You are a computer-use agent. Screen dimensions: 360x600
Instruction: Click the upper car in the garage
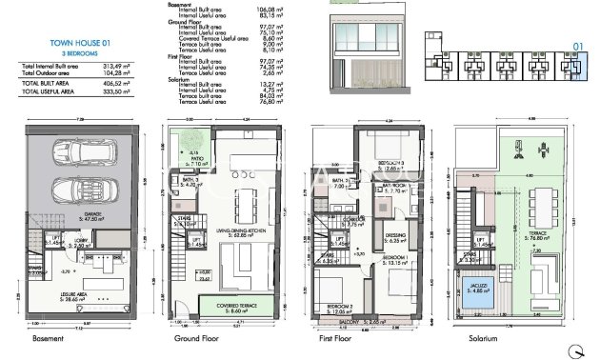point(77,152)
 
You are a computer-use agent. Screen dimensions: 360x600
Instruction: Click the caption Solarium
point(470,338)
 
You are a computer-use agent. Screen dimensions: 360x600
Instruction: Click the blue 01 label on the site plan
point(576,45)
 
